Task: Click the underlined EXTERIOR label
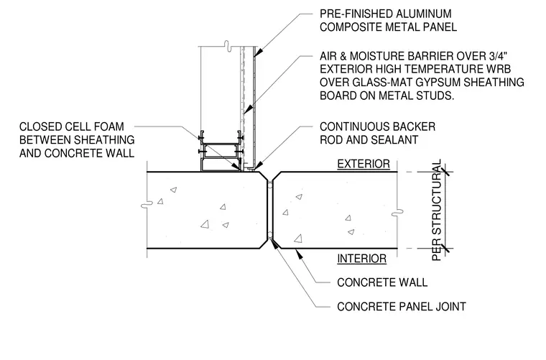(x=364, y=164)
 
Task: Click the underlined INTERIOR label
(x=362, y=259)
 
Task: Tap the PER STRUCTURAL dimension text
(x=437, y=210)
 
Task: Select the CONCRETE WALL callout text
(x=382, y=282)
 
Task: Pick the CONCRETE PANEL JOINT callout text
(x=402, y=307)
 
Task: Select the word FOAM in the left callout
(x=108, y=126)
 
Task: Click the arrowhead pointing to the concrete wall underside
(x=297, y=252)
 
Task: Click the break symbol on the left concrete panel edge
(x=147, y=205)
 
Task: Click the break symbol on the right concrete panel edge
(x=397, y=213)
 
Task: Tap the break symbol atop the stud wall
(x=228, y=46)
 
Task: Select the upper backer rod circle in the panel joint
(x=270, y=183)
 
